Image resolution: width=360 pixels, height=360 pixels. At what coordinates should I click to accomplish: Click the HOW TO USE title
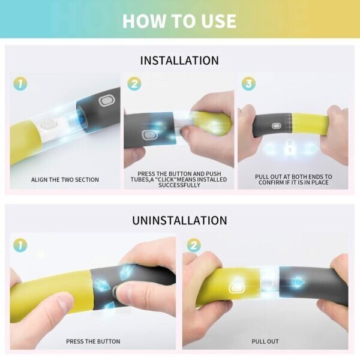tap(179, 21)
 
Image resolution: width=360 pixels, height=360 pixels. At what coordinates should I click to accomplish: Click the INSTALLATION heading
tap(179, 61)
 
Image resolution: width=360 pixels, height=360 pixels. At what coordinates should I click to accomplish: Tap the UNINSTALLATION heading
tap(179, 220)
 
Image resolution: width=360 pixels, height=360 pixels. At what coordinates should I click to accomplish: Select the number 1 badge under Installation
tap(20, 83)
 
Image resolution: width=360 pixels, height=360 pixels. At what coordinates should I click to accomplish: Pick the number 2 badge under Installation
tap(134, 83)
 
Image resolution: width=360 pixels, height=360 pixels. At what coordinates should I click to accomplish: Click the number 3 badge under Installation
tap(248, 83)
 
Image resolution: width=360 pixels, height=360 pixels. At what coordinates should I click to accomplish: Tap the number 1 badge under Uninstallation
tap(20, 245)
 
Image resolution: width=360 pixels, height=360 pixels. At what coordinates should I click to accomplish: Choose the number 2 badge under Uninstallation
tap(194, 245)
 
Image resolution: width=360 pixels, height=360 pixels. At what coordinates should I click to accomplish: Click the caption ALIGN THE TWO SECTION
tap(65, 179)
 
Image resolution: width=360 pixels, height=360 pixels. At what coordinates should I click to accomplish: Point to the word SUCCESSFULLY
tap(179, 185)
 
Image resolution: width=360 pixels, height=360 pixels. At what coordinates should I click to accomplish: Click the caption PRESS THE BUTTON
tap(93, 341)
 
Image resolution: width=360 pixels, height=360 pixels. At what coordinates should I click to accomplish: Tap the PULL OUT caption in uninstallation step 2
tap(265, 341)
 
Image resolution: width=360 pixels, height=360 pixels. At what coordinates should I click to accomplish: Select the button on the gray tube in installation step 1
tap(107, 101)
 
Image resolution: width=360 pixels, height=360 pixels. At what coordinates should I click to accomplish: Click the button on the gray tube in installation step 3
tap(277, 126)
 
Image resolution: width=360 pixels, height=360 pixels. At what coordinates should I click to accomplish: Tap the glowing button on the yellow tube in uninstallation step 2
tap(236, 287)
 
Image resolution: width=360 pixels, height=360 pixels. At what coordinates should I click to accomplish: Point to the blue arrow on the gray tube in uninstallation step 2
tap(298, 282)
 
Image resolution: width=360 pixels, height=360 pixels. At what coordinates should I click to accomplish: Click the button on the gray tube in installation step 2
tap(149, 135)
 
